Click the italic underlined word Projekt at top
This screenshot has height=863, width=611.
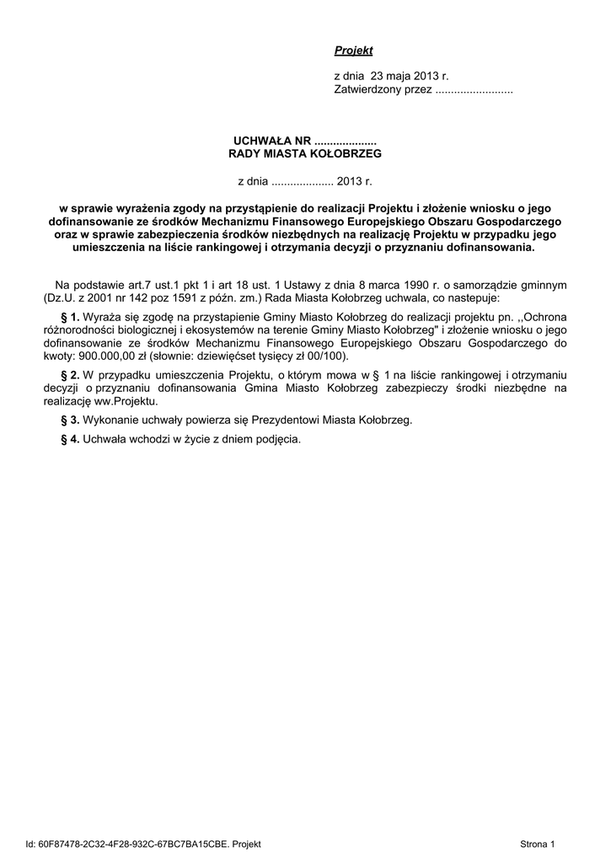[353, 51]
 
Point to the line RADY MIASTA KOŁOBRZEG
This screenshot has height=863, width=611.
[305, 154]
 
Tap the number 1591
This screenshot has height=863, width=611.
[183, 297]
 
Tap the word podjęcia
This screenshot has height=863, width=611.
[276, 439]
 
